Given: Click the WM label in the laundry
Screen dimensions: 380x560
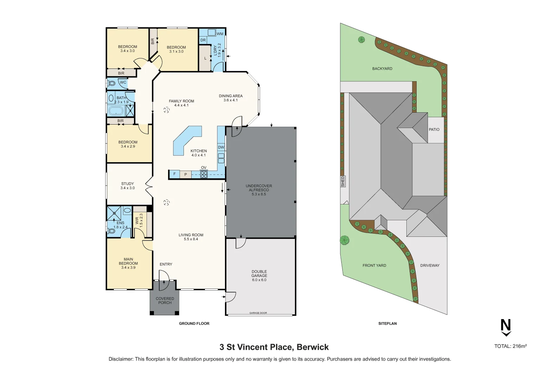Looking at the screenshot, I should click(220, 34).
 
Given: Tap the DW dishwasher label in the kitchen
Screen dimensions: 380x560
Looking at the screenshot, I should click(221, 147).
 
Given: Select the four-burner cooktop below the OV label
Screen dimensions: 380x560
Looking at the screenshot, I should click(204, 174).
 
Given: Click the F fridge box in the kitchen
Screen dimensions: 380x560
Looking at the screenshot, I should click(174, 174).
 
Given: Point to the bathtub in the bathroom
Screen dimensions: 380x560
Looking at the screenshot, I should click(115, 111).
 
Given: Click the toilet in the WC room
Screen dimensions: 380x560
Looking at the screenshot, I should click(112, 83).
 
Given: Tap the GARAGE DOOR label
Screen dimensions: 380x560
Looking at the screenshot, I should click(258, 313).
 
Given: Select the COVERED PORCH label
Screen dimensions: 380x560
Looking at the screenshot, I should click(165, 300).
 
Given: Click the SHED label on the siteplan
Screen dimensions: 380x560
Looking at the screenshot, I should click(343, 181).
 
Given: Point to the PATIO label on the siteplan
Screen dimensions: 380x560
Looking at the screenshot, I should click(434, 129).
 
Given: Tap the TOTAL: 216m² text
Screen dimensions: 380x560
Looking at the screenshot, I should click(510, 346).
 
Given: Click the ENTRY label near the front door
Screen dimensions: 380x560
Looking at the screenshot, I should click(166, 264).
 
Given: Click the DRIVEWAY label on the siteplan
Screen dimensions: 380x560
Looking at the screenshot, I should click(430, 266).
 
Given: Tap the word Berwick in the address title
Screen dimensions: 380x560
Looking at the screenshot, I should click(313, 347).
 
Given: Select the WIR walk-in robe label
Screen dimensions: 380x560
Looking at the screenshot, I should click(137, 221).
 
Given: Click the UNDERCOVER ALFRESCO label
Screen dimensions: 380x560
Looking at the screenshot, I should click(259, 188).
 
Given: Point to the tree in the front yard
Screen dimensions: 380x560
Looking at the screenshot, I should click(345, 240).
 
